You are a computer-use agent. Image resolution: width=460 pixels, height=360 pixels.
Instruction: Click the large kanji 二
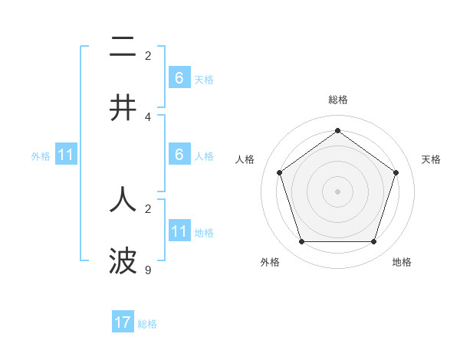[123, 47]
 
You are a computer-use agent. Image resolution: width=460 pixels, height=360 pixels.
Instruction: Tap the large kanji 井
[123, 107]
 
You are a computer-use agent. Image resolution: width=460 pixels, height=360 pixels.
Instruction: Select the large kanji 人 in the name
[123, 199]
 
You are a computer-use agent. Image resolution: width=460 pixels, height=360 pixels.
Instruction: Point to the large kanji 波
[123, 260]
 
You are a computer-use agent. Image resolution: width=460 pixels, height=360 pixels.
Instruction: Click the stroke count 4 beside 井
[148, 116]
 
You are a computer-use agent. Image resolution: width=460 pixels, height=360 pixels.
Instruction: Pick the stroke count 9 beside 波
[148, 270]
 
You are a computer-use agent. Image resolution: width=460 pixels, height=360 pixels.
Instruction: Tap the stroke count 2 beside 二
[148, 55]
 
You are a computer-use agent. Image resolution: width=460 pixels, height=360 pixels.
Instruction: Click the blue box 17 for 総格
[123, 322]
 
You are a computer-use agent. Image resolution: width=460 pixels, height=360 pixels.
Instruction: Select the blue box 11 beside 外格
[66, 155]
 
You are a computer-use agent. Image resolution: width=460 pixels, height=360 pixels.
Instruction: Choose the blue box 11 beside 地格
[179, 232]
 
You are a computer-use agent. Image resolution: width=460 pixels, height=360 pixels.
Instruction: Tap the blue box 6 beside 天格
[179, 78]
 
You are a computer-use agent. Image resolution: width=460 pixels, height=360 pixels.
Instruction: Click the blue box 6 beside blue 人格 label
[179, 155]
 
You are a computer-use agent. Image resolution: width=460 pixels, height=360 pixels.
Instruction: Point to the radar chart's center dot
[337, 191]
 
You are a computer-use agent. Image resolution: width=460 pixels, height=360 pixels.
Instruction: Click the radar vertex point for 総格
[337, 130]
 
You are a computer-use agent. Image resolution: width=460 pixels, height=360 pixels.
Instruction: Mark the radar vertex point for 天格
[396, 172]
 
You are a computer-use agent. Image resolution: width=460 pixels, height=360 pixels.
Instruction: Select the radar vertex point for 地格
[373, 241]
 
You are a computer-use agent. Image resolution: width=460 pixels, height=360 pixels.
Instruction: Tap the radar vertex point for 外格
[301, 241]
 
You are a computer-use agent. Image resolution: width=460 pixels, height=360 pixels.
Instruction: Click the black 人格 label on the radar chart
[245, 159]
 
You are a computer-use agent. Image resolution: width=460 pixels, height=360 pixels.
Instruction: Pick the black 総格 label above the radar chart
[337, 100]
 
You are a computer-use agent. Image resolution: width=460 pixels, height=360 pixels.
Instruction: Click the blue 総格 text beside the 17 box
[147, 324]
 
